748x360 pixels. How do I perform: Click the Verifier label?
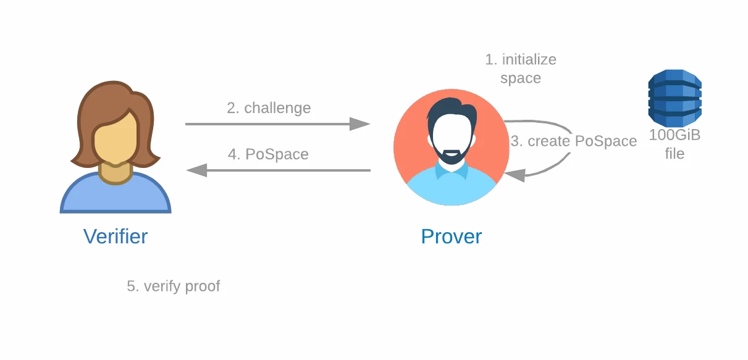116,237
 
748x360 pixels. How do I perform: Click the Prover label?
451,237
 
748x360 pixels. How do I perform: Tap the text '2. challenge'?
269,108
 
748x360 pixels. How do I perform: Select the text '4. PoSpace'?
268,154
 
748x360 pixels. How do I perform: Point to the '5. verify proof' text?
174,286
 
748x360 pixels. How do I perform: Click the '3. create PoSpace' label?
574,141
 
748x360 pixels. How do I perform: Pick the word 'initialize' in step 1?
529,59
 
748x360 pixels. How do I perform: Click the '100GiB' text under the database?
674,135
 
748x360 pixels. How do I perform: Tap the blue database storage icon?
674,98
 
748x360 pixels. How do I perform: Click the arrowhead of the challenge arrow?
359,124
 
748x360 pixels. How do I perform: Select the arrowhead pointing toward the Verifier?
196,170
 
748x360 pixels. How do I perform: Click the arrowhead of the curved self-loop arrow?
515,175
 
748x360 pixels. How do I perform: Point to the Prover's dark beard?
451,154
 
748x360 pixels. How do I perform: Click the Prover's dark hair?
452,110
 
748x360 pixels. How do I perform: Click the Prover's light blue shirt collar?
451,170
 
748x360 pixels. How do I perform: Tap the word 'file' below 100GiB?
674,154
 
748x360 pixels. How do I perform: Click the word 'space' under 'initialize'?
521,79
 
